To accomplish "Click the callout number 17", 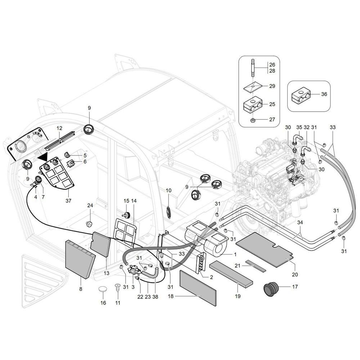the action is [x=295, y=287].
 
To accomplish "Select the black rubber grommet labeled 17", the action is [x=271, y=289].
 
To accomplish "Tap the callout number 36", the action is [x=324, y=94].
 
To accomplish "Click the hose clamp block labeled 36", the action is [x=301, y=94].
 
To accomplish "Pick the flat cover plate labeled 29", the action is [x=253, y=87].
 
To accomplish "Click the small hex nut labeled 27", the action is [x=253, y=120].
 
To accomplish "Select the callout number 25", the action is [x=272, y=104].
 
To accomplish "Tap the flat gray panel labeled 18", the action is [x=198, y=288].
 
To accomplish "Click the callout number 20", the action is [x=295, y=274].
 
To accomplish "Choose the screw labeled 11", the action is [x=118, y=287].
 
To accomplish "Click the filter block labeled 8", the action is [x=80, y=260].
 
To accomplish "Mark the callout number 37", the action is [x=68, y=201].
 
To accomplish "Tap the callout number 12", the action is [x=59, y=128].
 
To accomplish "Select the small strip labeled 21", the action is [x=256, y=266].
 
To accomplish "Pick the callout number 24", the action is [x=90, y=206].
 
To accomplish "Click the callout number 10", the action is [x=168, y=190].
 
